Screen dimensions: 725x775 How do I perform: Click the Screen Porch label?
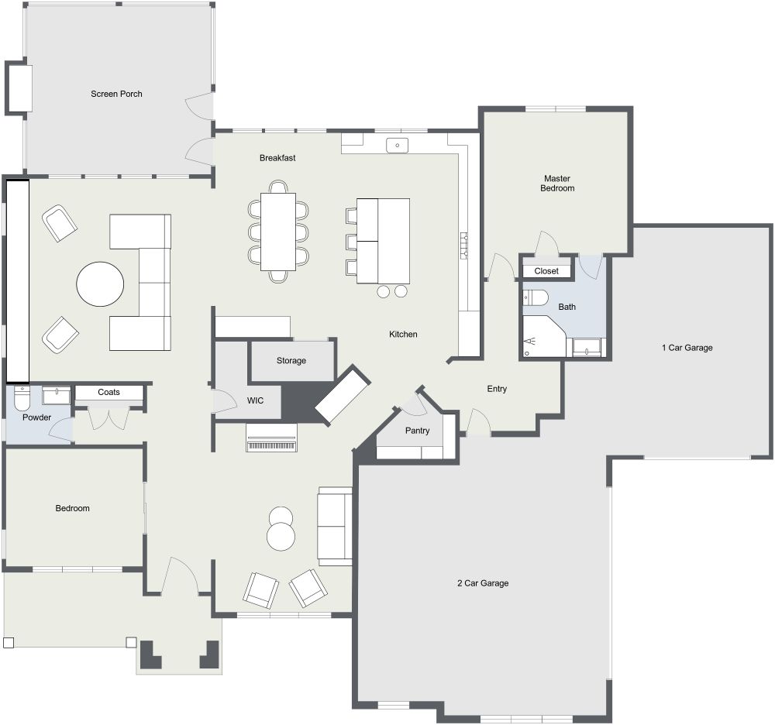pos(116,94)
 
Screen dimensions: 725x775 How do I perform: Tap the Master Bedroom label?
pos(558,183)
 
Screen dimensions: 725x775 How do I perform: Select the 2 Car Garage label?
pos(482,583)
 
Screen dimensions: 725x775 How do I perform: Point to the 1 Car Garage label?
pos(687,348)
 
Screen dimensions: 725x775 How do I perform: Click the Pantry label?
pos(417,431)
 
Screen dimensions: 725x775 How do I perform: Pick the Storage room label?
pos(291,361)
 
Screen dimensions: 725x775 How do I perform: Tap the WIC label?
pos(256,401)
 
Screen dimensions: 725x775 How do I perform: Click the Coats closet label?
pos(109,392)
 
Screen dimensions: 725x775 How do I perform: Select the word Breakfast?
pos(277,158)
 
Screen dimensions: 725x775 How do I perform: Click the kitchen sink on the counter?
pos(398,144)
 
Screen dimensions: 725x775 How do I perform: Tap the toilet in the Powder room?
pos(22,398)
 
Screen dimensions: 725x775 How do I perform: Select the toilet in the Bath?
pos(536,297)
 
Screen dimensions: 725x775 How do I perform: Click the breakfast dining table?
pos(278,232)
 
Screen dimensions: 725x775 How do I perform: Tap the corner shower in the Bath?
pos(543,337)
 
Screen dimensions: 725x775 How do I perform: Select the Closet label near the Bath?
pos(546,271)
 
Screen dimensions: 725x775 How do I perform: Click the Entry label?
pos(497,389)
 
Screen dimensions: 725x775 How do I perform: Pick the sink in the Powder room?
pos(56,397)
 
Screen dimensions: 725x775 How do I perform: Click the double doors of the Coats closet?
pos(108,418)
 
